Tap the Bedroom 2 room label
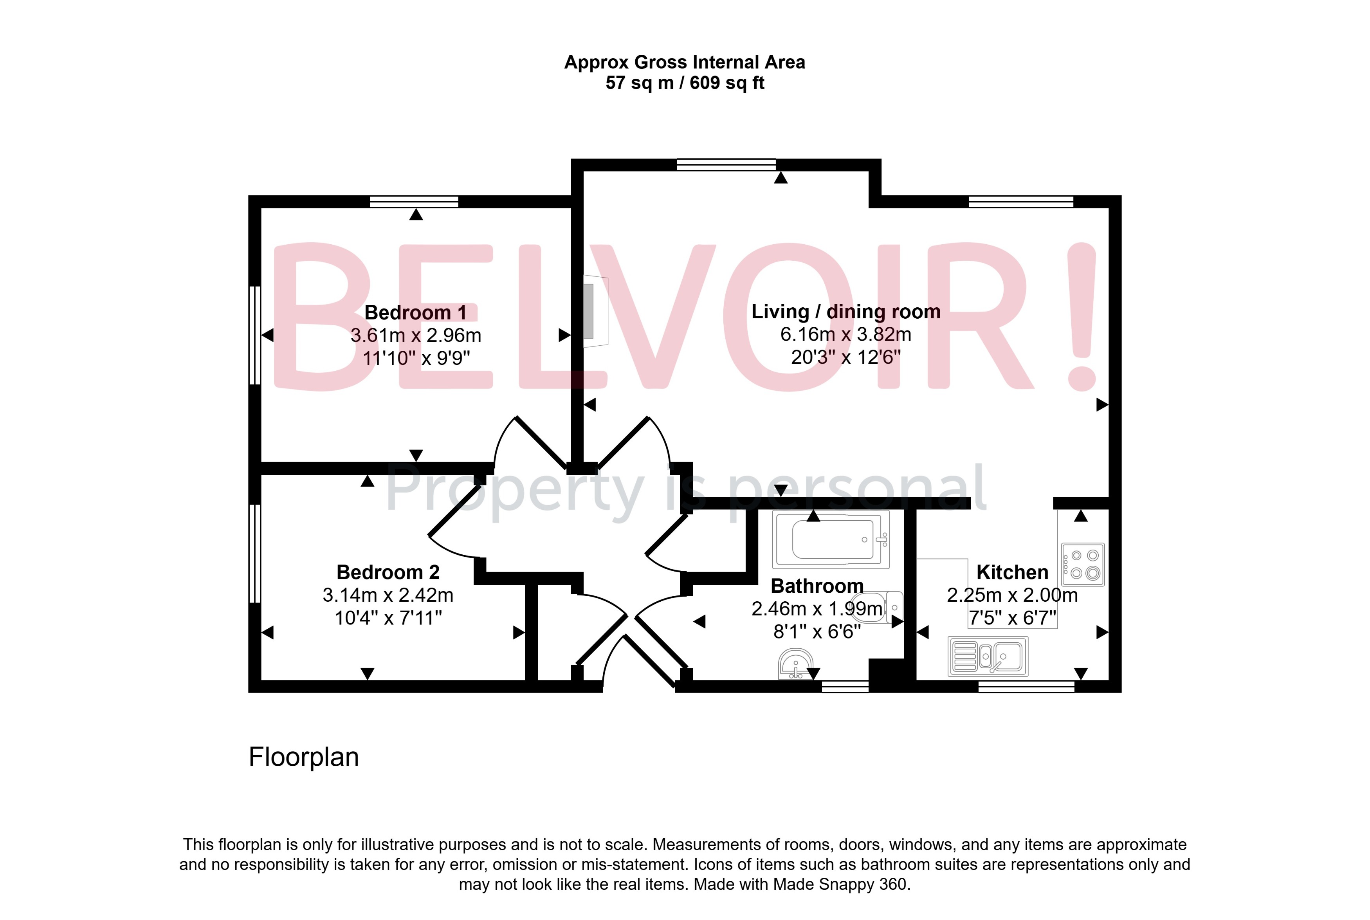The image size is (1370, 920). pyautogui.click(x=388, y=572)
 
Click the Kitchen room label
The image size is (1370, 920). pyautogui.click(x=1012, y=572)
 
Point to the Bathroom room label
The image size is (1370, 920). pyautogui.click(x=817, y=586)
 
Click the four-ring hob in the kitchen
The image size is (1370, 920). pyautogui.click(x=1083, y=565)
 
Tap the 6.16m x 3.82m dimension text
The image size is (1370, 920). pyautogui.click(x=846, y=334)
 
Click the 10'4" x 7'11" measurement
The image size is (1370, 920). pyautogui.click(x=388, y=618)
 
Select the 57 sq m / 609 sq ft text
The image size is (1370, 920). pyautogui.click(x=685, y=83)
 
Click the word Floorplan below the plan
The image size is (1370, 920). pyautogui.click(x=303, y=757)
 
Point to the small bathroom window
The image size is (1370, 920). pyautogui.click(x=845, y=686)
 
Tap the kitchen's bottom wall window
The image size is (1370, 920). pyautogui.click(x=1026, y=686)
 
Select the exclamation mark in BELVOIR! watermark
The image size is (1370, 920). pyautogui.click(x=1082, y=317)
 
